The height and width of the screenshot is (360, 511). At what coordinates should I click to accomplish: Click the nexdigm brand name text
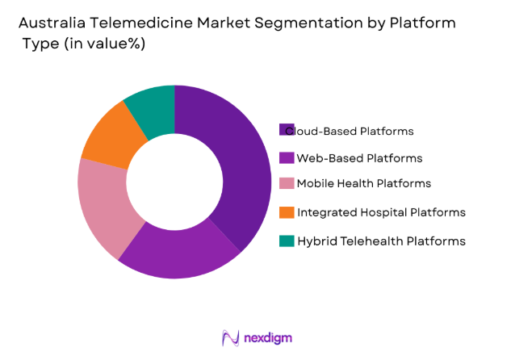(270, 337)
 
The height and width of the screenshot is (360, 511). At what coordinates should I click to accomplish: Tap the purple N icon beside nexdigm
(230, 337)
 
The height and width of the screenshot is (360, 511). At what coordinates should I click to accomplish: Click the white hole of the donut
(174, 182)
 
